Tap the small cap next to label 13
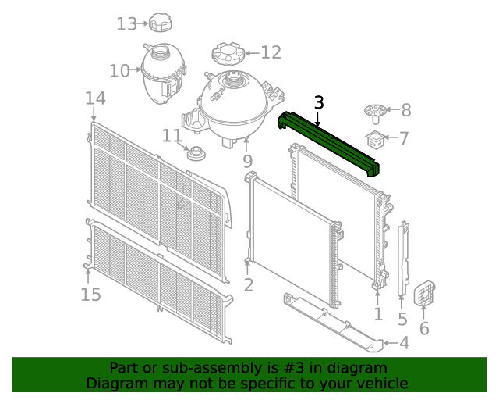[x=161, y=23]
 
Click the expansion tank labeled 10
[x=161, y=72]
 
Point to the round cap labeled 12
[x=228, y=55]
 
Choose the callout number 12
[x=270, y=53]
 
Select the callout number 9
[x=247, y=162]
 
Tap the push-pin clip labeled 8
[x=375, y=112]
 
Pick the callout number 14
[x=95, y=98]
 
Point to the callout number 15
[x=91, y=295]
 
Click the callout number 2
[x=248, y=285]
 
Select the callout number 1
[x=378, y=314]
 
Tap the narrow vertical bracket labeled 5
[x=403, y=262]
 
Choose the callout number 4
[x=403, y=343]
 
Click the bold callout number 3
[x=318, y=102]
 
